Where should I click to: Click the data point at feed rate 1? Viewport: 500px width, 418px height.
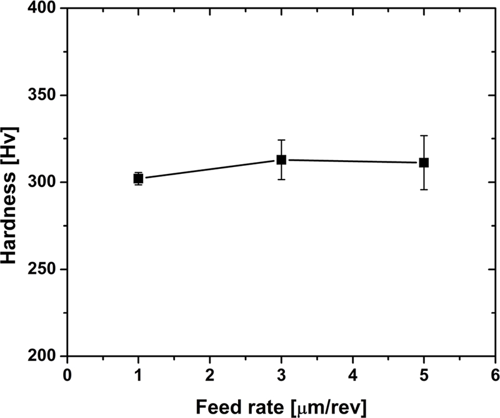pyautogui.click(x=138, y=179)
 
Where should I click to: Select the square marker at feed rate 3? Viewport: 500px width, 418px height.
pyautogui.click(x=281, y=160)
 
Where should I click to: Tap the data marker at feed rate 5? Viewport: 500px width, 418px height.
pyautogui.click(x=424, y=163)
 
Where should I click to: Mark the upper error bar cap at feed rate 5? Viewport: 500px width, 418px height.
pyautogui.click(x=424, y=136)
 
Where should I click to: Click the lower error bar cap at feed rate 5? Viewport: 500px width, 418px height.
pyautogui.click(x=424, y=189)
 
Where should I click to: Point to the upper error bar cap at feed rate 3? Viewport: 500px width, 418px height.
pyautogui.click(x=281, y=140)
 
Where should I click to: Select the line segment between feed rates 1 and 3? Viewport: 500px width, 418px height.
pyautogui.click(x=209, y=169)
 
